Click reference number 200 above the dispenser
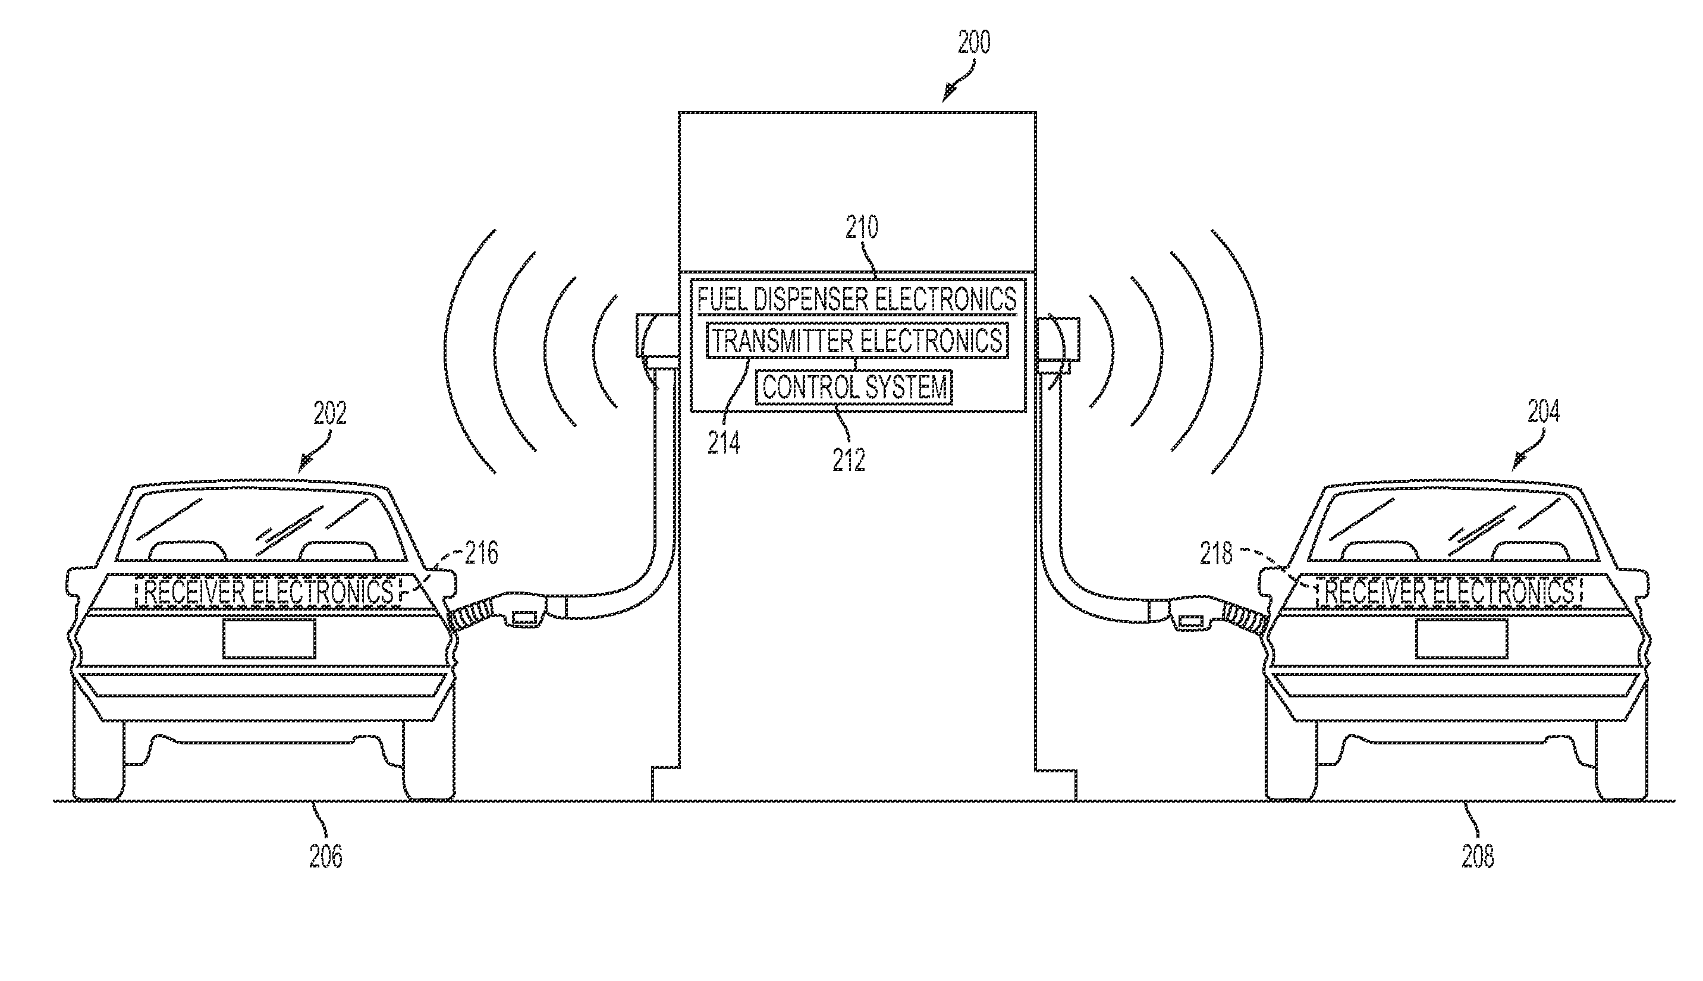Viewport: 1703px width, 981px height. [974, 42]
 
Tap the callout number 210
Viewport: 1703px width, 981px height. [862, 228]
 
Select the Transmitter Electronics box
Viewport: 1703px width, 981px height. [857, 341]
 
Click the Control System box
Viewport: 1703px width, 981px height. [854, 388]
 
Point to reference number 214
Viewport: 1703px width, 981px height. [724, 443]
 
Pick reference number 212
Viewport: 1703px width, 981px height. [848, 460]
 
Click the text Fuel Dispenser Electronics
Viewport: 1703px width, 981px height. [857, 298]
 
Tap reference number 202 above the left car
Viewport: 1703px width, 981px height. [329, 413]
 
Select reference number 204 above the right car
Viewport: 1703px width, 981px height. [1542, 411]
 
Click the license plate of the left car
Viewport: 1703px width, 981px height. [269, 639]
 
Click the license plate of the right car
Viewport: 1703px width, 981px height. [1461, 639]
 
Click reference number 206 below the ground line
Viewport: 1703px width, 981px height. [326, 856]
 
